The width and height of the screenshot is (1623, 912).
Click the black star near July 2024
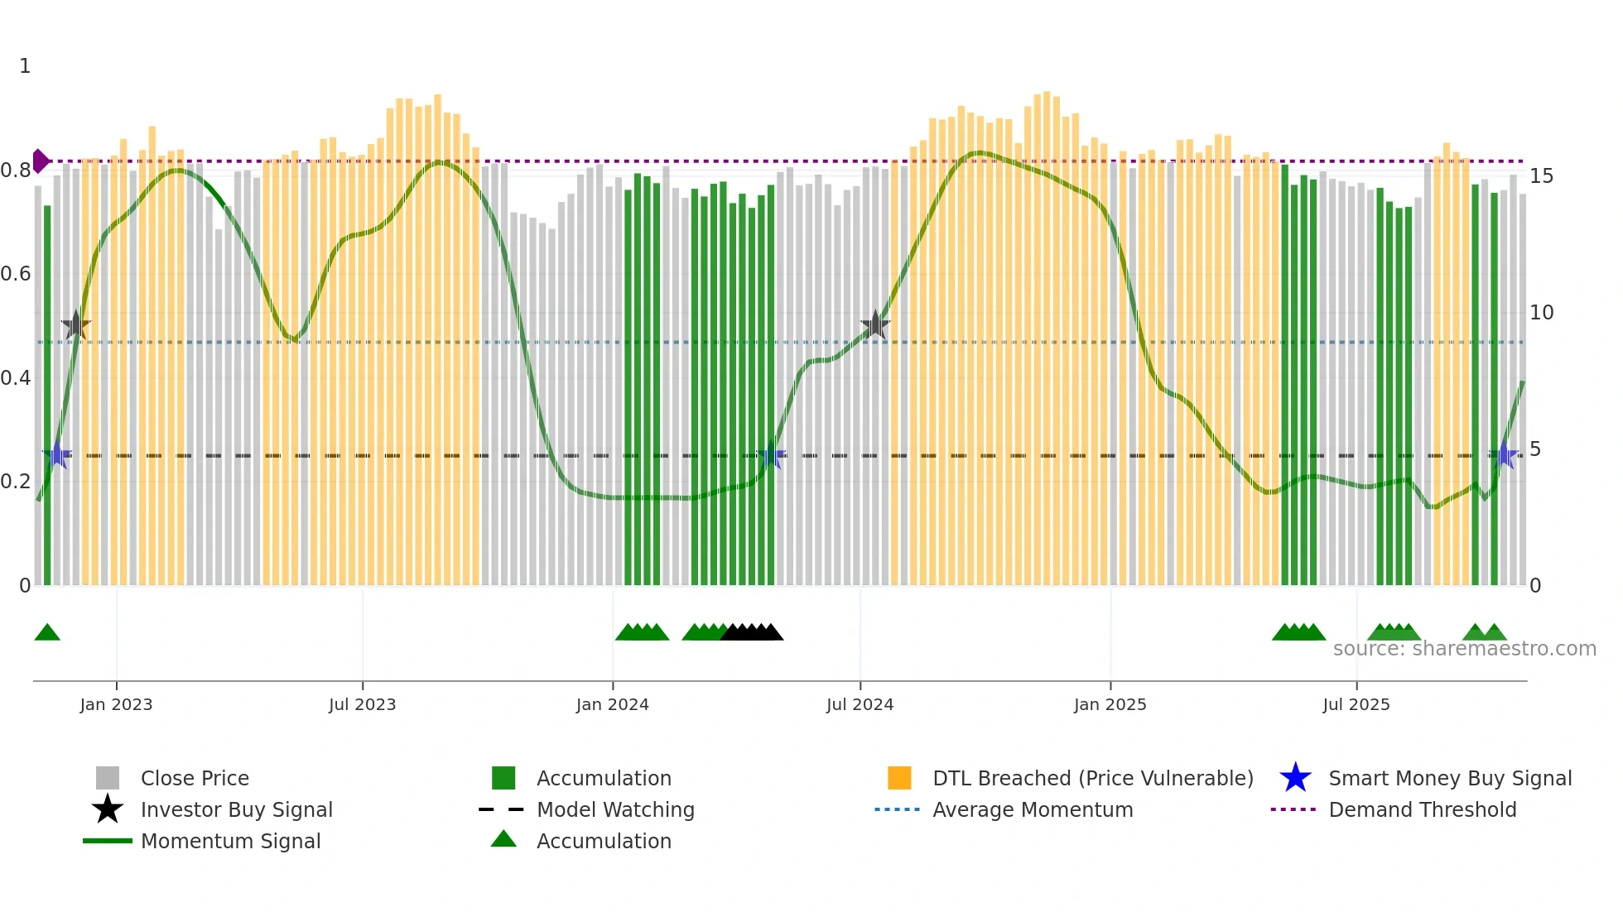[875, 325]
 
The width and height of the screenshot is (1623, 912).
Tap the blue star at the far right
[1504, 455]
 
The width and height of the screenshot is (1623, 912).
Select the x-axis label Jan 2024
[612, 705]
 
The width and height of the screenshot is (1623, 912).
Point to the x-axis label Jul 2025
[1356, 705]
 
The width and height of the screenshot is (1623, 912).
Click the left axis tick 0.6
[16, 274]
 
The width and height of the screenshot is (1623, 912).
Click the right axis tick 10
[1541, 313]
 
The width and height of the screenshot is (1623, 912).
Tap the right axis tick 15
[1541, 176]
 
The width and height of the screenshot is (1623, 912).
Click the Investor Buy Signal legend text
[236, 810]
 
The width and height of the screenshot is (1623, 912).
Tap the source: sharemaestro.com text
[1464, 649]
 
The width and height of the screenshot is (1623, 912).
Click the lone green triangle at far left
[47, 633]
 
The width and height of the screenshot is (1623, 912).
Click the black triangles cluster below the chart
[752, 633]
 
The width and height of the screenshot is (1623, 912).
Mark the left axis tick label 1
[25, 66]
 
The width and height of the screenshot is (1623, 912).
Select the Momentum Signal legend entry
[229, 842]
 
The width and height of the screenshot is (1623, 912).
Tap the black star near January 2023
[75, 325]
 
